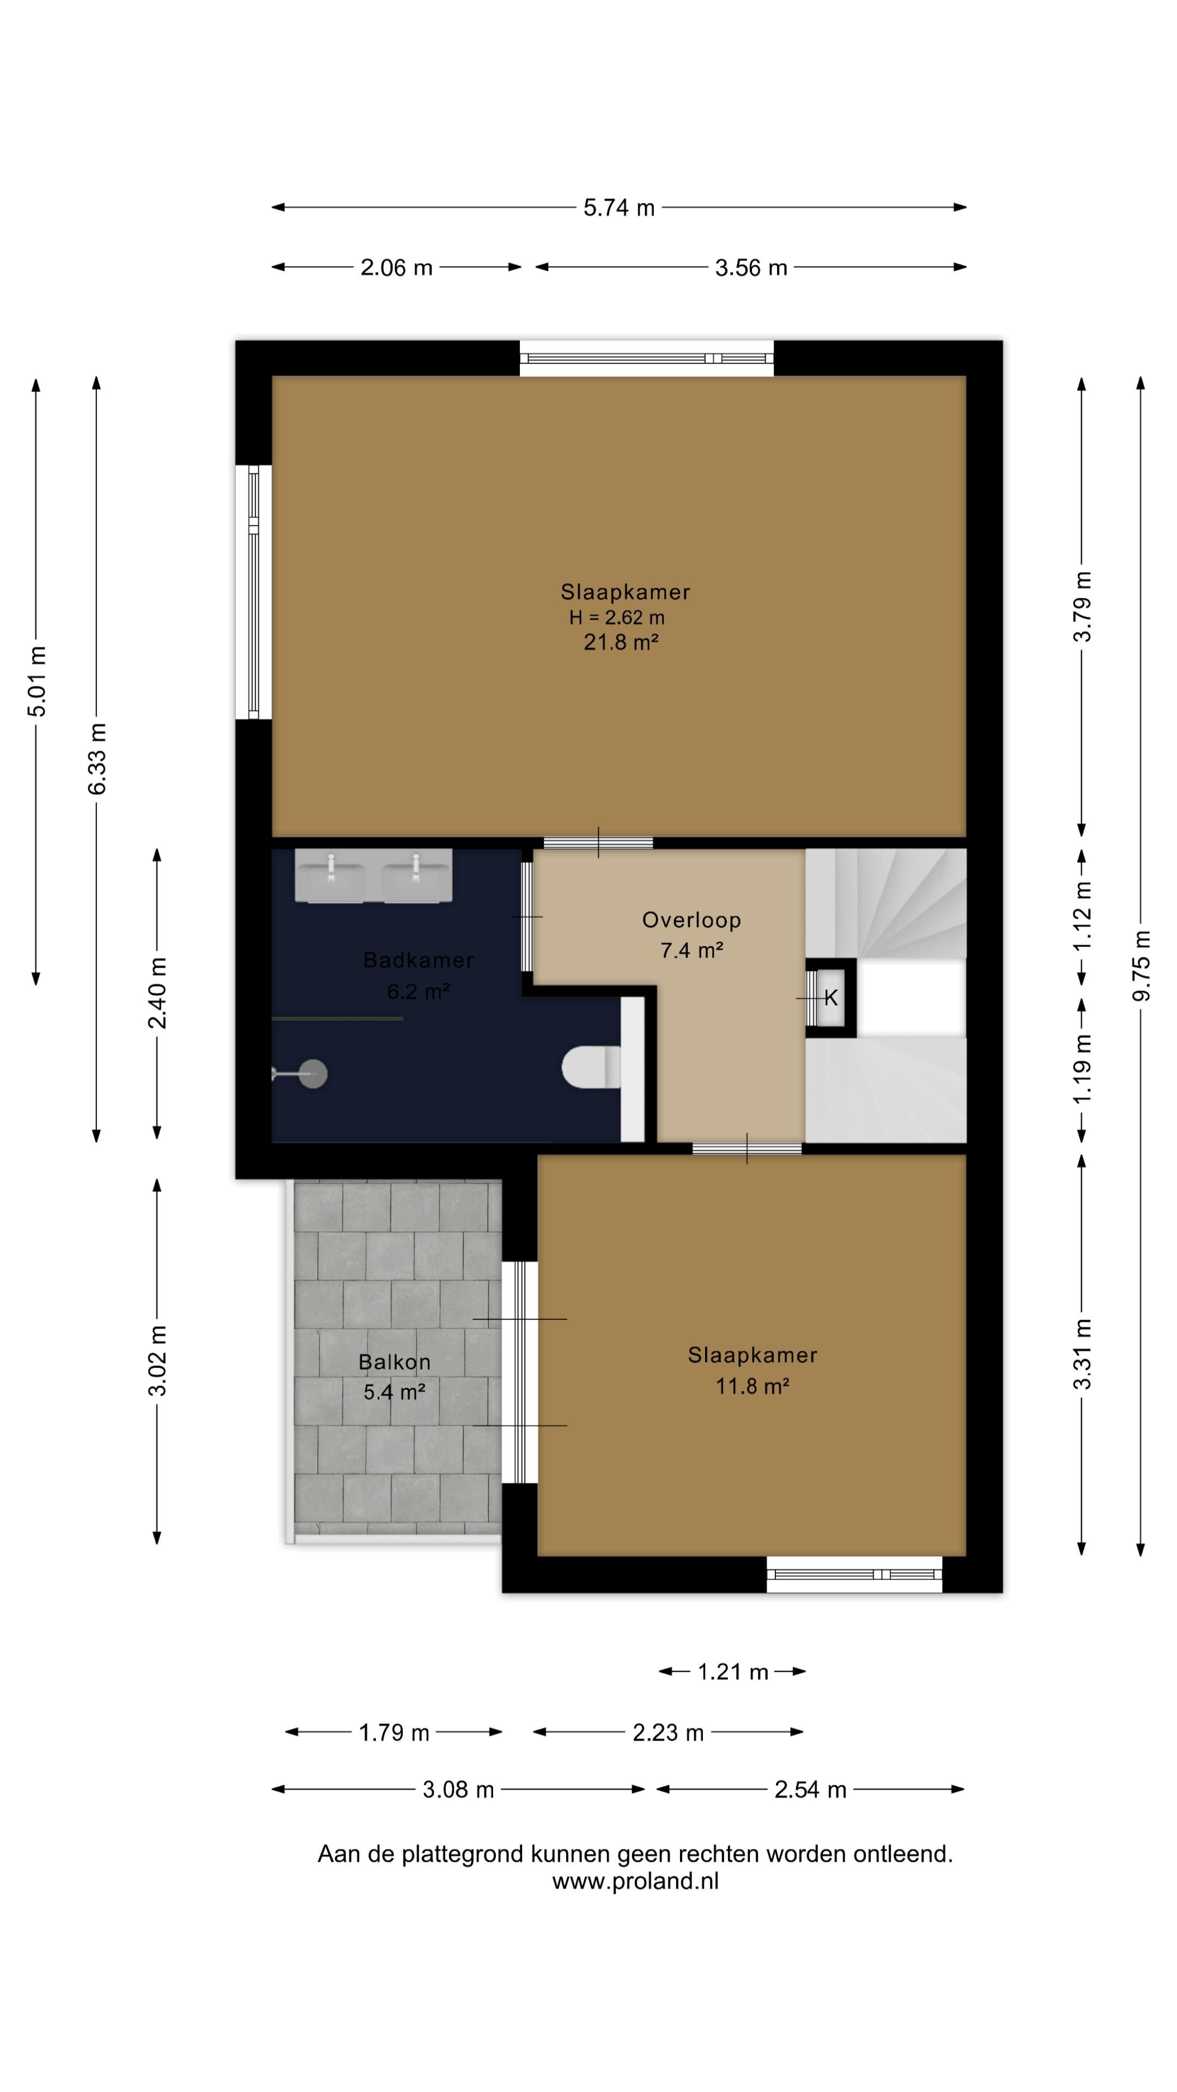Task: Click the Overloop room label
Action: click(x=691, y=920)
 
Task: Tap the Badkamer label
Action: click(x=418, y=960)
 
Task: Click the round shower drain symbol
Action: click(x=313, y=1074)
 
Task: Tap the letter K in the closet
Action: click(x=831, y=998)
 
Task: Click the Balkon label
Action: click(x=394, y=1362)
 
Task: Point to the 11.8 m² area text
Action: click(x=752, y=1386)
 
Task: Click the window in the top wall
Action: click(x=647, y=358)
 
